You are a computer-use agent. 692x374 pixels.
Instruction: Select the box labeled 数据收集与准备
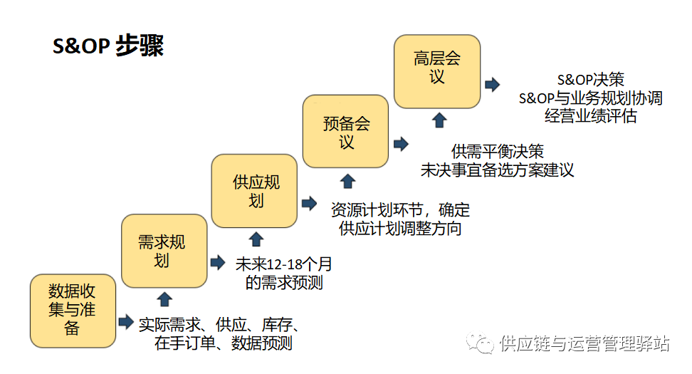click(72, 311)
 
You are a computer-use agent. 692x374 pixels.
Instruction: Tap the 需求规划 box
click(163, 250)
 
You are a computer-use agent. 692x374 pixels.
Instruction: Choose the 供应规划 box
click(254, 191)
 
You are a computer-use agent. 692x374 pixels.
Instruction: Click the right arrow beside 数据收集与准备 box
click(126, 322)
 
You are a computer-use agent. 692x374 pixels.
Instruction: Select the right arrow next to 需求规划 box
click(217, 262)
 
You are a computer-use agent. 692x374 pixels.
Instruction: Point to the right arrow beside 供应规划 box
click(309, 203)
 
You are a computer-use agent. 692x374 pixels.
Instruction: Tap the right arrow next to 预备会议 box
click(400, 144)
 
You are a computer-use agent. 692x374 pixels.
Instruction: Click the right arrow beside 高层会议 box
click(492, 85)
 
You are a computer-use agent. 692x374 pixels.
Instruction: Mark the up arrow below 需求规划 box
click(164, 298)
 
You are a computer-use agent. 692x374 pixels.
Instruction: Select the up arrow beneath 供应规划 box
click(256, 239)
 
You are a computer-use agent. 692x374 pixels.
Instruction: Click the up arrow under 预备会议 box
click(347, 180)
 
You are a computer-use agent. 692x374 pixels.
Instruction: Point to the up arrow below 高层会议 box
click(439, 119)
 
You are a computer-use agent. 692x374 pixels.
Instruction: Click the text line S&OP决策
click(590, 80)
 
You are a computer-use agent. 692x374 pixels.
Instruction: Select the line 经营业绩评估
click(590, 115)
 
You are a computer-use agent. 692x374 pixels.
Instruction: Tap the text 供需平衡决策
click(497, 152)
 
